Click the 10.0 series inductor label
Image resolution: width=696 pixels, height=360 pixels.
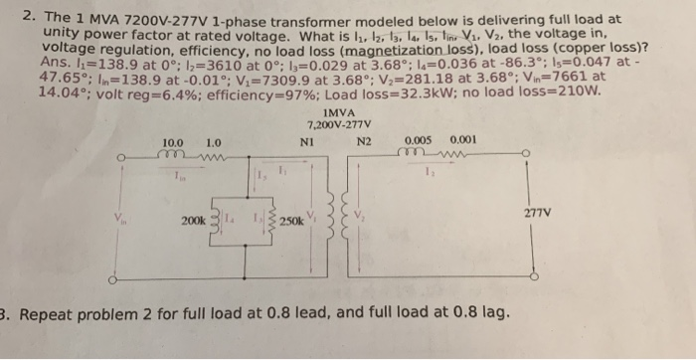tap(171, 144)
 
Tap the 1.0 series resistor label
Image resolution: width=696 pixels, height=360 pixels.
tap(212, 144)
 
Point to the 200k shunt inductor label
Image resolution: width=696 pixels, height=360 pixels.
tap(194, 217)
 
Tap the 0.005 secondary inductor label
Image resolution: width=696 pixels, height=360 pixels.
tap(416, 140)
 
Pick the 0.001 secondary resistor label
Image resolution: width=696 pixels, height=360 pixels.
tap(463, 140)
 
